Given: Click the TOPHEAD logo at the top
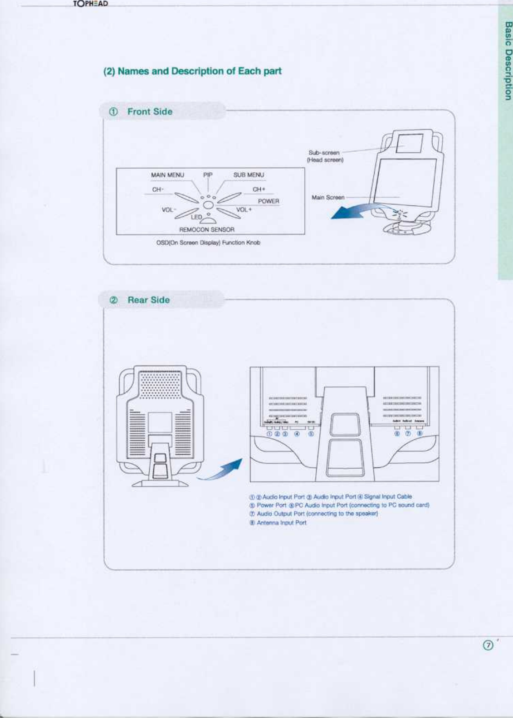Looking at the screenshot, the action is (91, 4).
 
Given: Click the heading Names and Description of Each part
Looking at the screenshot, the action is (193, 71).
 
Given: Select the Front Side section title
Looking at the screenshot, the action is (150, 112).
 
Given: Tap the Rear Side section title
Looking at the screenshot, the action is (148, 300).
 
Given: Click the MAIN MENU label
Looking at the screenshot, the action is (167, 175).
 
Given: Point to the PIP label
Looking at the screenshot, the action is (208, 175).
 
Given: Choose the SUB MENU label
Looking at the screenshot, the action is (249, 175).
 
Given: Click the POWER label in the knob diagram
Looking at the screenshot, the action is (269, 201).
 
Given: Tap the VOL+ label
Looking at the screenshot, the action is (244, 209).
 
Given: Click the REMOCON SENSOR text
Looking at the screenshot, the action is (207, 230).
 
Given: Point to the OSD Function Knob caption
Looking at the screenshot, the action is (208, 243).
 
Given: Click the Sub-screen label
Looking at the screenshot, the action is (325, 156).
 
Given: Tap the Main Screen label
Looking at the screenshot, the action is (328, 197).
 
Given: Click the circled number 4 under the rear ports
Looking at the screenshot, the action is (297, 434).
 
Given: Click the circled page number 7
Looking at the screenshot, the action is (488, 645).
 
